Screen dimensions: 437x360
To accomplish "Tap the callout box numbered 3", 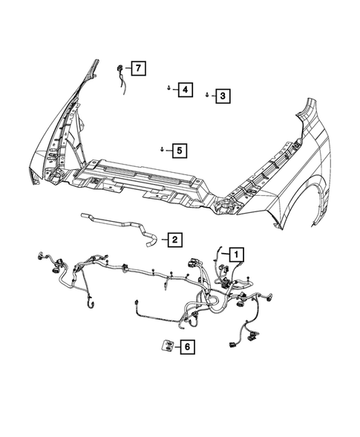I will click(221, 96).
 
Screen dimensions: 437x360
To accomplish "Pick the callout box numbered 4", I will click(183, 91).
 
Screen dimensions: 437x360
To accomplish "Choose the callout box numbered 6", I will click(187, 346).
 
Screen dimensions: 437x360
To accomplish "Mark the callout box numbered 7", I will click(137, 69).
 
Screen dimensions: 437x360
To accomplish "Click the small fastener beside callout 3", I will click(206, 95).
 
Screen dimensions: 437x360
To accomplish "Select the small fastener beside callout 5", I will click(161, 150).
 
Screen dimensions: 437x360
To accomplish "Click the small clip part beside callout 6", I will click(167, 344).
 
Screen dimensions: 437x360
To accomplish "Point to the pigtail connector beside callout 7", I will click(121, 74).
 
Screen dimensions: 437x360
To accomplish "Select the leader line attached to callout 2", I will click(161, 239).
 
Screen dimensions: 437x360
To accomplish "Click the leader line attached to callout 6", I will click(177, 346).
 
